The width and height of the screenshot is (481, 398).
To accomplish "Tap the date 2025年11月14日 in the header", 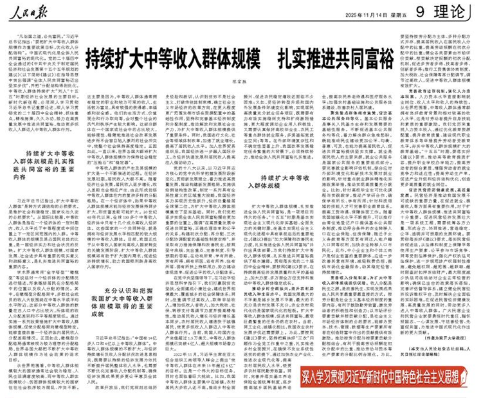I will click(369, 13).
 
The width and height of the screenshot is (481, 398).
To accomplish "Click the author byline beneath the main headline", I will click(242, 82).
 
